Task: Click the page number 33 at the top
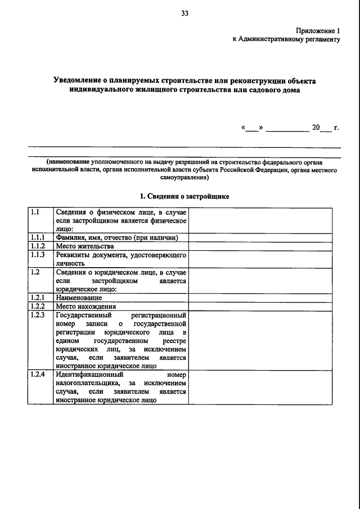click(184, 15)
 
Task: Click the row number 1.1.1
click(38, 238)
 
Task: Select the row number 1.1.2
click(38, 246)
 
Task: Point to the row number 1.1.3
click(38, 255)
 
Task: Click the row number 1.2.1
click(38, 297)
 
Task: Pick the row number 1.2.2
click(38, 306)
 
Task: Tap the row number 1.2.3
click(38, 315)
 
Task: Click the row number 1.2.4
click(38, 374)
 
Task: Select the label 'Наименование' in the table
click(79, 298)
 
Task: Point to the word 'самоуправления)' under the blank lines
click(184, 177)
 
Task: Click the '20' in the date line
click(316, 127)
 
